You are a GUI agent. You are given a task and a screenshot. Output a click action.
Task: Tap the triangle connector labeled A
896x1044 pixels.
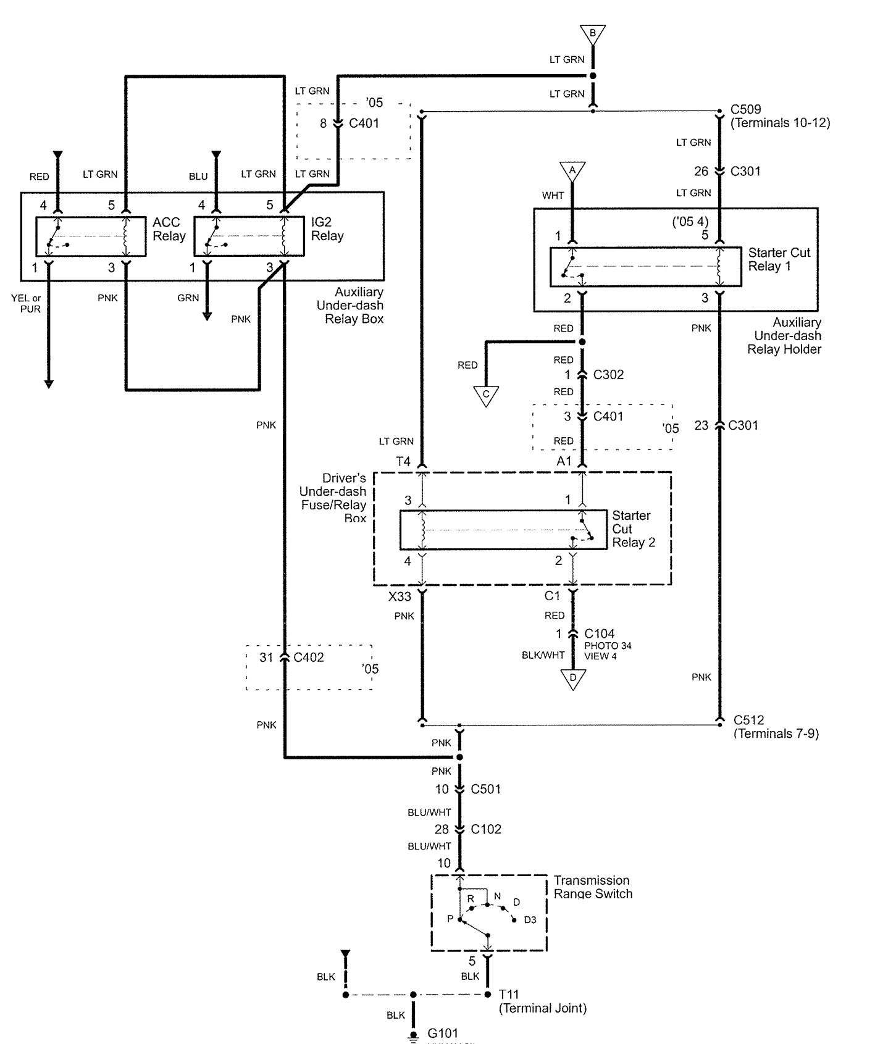tap(572, 171)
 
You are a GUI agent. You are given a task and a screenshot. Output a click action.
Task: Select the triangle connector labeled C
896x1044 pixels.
tap(486, 395)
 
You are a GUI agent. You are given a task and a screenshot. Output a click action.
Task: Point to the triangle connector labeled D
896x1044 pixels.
tap(573, 679)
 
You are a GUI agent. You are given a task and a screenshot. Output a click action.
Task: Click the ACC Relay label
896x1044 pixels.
tap(169, 229)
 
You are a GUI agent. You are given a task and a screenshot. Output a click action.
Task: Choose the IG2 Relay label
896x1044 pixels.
tap(327, 229)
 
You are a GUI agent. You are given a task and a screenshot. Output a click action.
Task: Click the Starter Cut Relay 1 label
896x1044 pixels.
tap(779, 259)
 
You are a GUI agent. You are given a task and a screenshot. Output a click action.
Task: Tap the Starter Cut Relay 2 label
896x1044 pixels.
tap(633, 529)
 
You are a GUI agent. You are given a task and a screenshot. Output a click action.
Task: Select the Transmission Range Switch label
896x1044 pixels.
tap(593, 887)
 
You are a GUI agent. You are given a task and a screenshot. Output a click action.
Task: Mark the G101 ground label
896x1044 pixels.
tap(443, 1033)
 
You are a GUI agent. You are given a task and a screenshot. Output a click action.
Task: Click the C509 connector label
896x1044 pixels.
tap(745, 110)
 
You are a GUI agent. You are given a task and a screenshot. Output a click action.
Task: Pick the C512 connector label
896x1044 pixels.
tap(748, 720)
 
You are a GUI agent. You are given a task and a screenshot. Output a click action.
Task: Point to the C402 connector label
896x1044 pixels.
tap(308, 658)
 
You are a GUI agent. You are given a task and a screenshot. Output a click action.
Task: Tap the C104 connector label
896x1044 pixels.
tap(599, 633)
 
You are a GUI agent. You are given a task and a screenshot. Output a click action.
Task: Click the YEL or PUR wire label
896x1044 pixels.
tap(26, 304)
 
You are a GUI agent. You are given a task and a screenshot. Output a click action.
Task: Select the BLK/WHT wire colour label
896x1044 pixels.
tap(543, 655)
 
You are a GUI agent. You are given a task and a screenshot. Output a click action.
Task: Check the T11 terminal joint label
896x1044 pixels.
tap(509, 995)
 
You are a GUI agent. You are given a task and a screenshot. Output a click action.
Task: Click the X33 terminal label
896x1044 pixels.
tap(400, 596)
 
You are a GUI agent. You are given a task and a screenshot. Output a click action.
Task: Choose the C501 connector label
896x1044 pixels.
tap(485, 789)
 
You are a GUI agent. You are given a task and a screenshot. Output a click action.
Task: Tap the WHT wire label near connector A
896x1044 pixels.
tap(553, 196)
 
